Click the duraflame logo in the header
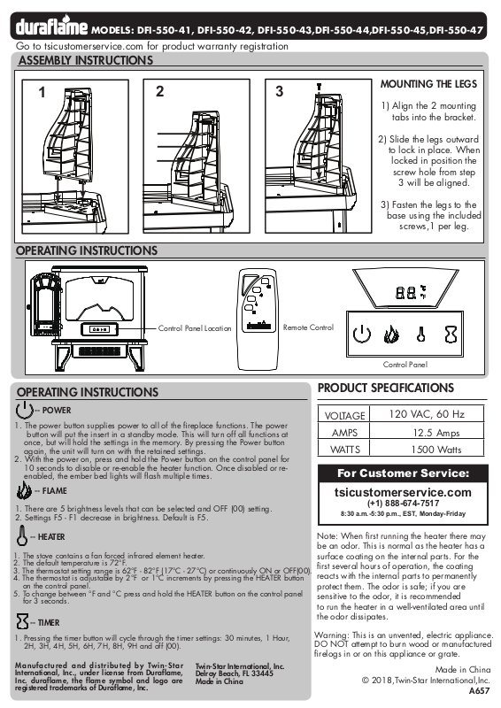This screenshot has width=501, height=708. tap(51, 27)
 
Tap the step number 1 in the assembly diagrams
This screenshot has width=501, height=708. tap(42, 93)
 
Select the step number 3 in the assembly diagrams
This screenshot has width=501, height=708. tap(280, 92)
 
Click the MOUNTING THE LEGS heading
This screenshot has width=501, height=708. tap(428, 84)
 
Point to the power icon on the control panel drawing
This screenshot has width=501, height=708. tap(361, 335)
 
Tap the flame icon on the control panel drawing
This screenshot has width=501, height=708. tap(391, 335)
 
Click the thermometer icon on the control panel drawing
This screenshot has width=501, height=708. tap(421, 335)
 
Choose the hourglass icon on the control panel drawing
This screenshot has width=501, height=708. tap(451, 335)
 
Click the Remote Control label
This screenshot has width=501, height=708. tap(308, 327)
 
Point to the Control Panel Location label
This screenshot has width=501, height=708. tap(195, 328)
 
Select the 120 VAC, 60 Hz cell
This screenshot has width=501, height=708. tap(427, 414)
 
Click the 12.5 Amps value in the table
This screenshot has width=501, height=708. tap(436, 433)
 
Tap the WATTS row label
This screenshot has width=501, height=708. tap(345, 450)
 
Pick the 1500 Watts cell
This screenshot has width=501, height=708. tap(436, 450)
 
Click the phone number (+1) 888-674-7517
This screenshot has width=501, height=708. tap(403, 504)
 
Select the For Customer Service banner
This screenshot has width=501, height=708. tap(403, 473)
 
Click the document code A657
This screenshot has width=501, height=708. tap(480, 691)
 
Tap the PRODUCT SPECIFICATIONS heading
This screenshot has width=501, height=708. tap(386, 388)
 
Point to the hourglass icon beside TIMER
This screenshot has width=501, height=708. tap(22, 621)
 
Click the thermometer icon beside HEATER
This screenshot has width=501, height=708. tap(21, 535)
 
